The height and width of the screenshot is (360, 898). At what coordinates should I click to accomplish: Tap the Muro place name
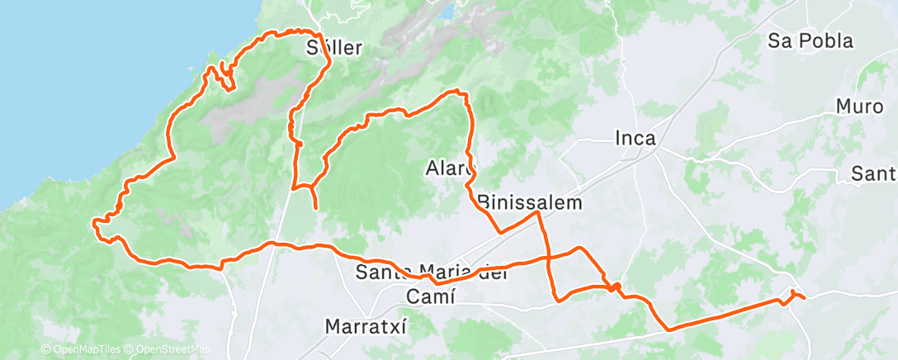click(859, 107)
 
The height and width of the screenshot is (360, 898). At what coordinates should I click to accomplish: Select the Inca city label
click(636, 139)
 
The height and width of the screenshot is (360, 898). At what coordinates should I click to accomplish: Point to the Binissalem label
click(530, 202)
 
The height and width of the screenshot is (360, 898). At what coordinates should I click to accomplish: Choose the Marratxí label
click(366, 325)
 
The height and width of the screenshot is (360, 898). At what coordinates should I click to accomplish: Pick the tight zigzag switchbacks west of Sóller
click(224, 77)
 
